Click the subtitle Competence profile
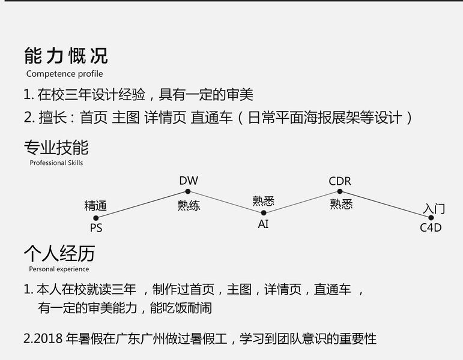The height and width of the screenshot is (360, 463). [x=64, y=74]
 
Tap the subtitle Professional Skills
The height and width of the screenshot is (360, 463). [x=56, y=163]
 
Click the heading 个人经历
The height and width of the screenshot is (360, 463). [x=59, y=253]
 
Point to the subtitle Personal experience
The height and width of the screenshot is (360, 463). [x=59, y=269]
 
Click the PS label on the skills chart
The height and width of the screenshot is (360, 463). [x=96, y=228]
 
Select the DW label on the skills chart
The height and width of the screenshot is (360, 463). [x=188, y=181]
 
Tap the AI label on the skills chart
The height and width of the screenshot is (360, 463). [x=263, y=224]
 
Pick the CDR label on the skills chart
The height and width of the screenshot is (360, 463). [x=340, y=181]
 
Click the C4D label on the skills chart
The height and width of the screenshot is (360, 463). [x=431, y=228]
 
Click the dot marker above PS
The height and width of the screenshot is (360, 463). [x=96, y=218]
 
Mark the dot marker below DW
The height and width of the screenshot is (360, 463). [x=188, y=191]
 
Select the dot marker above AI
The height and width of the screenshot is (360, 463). [x=263, y=212]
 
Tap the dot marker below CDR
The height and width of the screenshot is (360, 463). [x=340, y=191]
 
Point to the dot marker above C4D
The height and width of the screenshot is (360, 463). [x=431, y=218]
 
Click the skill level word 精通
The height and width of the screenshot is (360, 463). [x=95, y=206]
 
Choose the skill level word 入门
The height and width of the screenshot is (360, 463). [x=434, y=208]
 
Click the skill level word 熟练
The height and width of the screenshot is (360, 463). [x=189, y=205]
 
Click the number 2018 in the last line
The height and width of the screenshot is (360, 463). [x=46, y=339]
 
